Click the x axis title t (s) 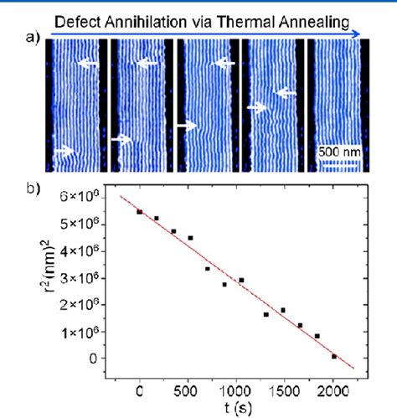237,409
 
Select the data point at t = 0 140,212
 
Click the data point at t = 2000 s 334,356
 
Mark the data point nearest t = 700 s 208,269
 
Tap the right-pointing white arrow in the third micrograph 185,125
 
